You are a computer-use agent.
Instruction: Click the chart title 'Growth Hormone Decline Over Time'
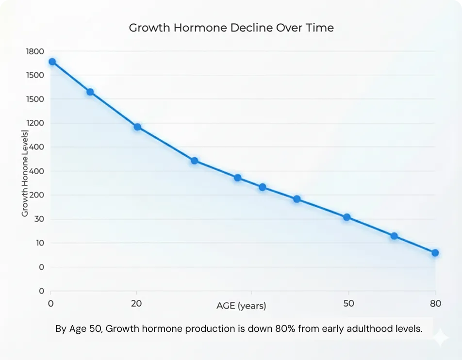pyautogui.click(x=231, y=28)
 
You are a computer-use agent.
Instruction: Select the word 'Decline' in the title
pyautogui.click(x=254, y=28)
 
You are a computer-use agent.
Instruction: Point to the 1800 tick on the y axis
pyautogui.click(x=34, y=51)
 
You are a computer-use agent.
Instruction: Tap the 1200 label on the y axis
pyautogui.click(x=34, y=123)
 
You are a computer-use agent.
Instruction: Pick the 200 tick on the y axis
pyautogui.click(x=37, y=195)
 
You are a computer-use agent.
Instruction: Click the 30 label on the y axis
pyautogui.click(x=39, y=219)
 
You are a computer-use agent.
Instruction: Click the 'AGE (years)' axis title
pyautogui.click(x=241, y=306)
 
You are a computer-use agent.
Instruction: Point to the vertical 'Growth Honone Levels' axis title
pyautogui.click(x=25, y=173)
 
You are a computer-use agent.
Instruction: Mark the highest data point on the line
pyautogui.click(x=52, y=62)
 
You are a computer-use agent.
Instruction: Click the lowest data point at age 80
pyautogui.click(x=435, y=253)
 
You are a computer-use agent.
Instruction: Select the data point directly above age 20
pyautogui.click(x=137, y=127)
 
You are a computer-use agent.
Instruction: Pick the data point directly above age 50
pyautogui.click(x=347, y=217)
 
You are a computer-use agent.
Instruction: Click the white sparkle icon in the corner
pyautogui.click(x=440, y=338)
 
